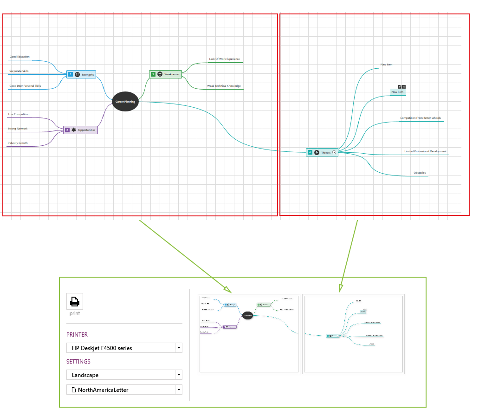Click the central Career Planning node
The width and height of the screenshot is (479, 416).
coord(125,102)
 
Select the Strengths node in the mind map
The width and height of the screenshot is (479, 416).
coord(81,74)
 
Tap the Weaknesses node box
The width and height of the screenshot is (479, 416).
coord(166,74)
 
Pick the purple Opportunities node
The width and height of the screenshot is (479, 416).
coord(81,130)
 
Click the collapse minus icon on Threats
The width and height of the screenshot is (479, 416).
coord(334,152)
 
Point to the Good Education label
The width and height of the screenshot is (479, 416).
coord(19,57)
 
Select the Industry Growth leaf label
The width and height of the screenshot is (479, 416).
coord(18,143)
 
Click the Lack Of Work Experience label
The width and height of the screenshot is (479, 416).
coord(224,59)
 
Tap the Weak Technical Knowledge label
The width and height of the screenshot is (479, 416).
coord(224,86)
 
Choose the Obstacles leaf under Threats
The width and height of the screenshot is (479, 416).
coord(420,173)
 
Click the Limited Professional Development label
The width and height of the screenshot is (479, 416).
coord(425,151)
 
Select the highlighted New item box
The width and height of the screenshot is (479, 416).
coord(397,92)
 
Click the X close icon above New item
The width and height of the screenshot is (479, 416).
coord(404,87)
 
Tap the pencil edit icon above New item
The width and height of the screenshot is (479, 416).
coord(399,87)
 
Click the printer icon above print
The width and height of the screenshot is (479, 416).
coord(75,302)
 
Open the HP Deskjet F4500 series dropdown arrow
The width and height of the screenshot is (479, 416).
coord(179,348)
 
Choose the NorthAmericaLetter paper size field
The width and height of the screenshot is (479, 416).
coord(124,390)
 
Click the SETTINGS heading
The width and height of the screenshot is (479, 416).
coord(78,362)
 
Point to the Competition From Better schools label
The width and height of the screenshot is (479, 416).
coord(421,118)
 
